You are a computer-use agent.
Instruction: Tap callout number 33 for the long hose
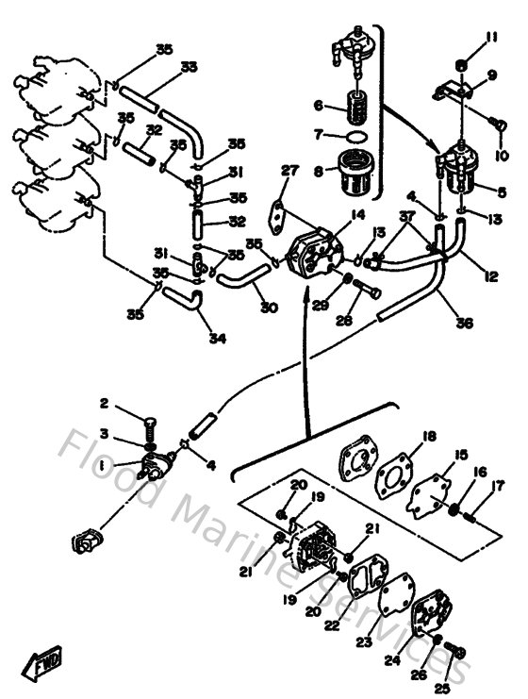pyautogui.click(x=189, y=66)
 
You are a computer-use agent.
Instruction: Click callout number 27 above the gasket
pyautogui.click(x=289, y=171)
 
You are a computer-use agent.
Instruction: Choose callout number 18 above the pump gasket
pyautogui.click(x=429, y=436)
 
